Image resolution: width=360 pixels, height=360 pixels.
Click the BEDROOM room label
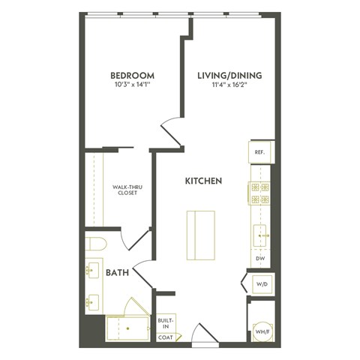132,76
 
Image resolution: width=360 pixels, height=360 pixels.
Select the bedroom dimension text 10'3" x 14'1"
132,86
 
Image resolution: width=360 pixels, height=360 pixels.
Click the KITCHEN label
203,181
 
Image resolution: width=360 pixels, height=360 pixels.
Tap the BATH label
117,273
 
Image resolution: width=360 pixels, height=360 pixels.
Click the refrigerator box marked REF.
259,152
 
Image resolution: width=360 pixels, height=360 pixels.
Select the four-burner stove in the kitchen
259,193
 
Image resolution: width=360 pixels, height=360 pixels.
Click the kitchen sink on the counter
260,235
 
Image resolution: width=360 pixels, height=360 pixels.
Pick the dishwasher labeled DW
259,259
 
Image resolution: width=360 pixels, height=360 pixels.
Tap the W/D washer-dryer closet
260,284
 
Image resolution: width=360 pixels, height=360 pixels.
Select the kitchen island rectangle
200,235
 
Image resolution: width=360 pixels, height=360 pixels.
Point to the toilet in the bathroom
95,244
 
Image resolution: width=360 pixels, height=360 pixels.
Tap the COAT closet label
164,337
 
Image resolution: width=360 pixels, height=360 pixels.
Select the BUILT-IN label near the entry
164,322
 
